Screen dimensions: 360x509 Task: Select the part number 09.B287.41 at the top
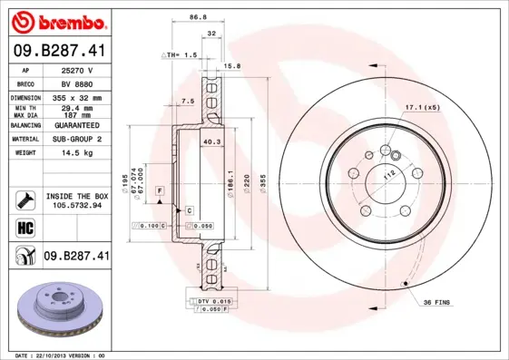click(59, 52)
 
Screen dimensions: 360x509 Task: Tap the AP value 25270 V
click(78, 69)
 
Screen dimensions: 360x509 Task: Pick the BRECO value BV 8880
click(78, 83)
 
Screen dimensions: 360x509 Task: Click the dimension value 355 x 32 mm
click(78, 97)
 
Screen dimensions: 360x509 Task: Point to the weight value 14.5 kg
click(78, 153)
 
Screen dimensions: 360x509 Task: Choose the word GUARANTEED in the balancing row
click(78, 125)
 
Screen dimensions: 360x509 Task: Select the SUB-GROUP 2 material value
click(78, 139)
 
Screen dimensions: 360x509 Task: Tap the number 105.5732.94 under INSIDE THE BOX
click(78, 205)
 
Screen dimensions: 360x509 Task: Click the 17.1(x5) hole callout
click(422, 108)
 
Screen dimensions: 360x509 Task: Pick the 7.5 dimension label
click(188, 101)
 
